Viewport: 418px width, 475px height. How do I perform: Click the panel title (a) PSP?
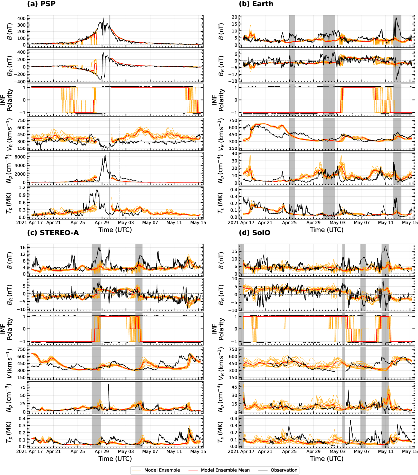point(41,4)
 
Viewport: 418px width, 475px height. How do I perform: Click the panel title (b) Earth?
point(256,4)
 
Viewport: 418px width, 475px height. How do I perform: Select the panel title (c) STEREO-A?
point(53,233)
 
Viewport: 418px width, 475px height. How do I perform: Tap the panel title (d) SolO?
point(254,233)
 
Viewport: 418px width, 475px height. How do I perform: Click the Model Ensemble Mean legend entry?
point(225,470)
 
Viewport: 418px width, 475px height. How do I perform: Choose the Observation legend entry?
point(284,470)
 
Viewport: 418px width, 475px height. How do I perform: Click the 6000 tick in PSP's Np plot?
point(21,157)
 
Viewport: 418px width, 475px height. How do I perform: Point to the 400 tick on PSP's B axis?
point(21,18)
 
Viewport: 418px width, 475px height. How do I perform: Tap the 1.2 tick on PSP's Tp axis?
point(22,188)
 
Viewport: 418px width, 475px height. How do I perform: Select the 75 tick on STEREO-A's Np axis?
point(23,387)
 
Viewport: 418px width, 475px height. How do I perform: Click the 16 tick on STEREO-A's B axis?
point(23,248)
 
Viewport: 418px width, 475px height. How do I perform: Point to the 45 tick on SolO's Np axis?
point(234,387)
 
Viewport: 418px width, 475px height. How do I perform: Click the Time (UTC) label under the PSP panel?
point(115,230)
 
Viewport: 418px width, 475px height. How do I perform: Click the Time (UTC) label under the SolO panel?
point(326,459)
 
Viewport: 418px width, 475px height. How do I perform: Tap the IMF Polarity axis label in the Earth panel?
point(218,100)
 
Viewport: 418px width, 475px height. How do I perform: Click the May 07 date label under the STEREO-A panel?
point(150,451)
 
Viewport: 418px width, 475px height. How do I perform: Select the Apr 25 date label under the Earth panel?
point(289,223)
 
